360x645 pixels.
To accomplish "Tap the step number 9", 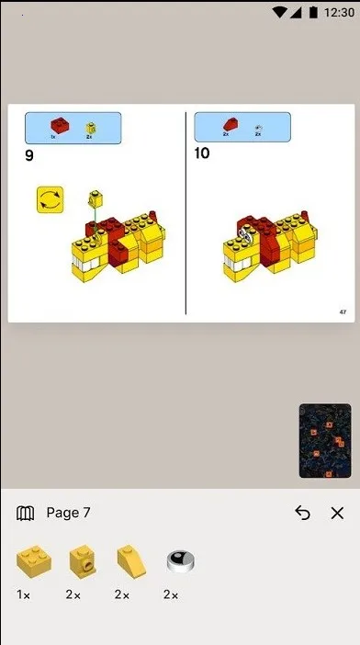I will [x=29, y=155].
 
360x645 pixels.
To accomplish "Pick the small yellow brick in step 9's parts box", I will [x=90, y=128].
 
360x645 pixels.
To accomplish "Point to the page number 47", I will [x=343, y=312].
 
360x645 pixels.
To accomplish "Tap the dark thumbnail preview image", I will [x=324, y=440].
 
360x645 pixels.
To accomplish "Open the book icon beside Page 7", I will [x=26, y=513].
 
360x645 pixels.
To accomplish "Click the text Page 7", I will [x=68, y=513].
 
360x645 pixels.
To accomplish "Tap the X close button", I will [x=337, y=513].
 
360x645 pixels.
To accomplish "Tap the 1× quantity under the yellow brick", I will [x=24, y=594].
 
